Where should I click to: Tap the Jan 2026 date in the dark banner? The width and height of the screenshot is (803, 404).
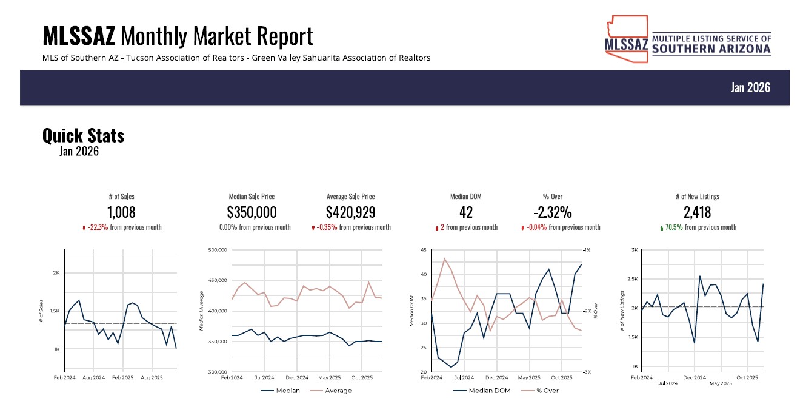coord(750,87)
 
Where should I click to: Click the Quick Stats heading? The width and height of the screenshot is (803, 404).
coord(83,135)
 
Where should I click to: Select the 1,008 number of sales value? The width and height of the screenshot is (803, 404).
coord(121,212)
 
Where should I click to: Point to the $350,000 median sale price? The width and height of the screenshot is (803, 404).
coord(252,212)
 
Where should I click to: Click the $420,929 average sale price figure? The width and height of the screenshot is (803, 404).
coord(350,212)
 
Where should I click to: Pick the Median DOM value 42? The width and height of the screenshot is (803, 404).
coord(466,212)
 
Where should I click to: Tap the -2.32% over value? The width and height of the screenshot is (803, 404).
coord(553,212)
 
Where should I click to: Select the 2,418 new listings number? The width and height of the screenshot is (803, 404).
coord(698,212)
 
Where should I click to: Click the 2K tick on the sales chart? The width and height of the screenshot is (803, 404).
coord(56,273)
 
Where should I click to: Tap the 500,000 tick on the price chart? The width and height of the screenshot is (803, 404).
coord(217,250)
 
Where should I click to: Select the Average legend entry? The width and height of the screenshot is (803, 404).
coord(338,391)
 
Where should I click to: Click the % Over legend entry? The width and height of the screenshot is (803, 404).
coord(547,391)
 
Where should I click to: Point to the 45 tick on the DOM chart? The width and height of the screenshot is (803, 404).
coord(422,250)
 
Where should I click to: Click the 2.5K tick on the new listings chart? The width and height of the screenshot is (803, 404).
coord(633,279)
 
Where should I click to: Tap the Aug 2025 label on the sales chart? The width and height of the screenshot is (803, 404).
coord(152,377)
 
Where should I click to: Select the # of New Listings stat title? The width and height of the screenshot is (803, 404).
coord(698,197)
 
